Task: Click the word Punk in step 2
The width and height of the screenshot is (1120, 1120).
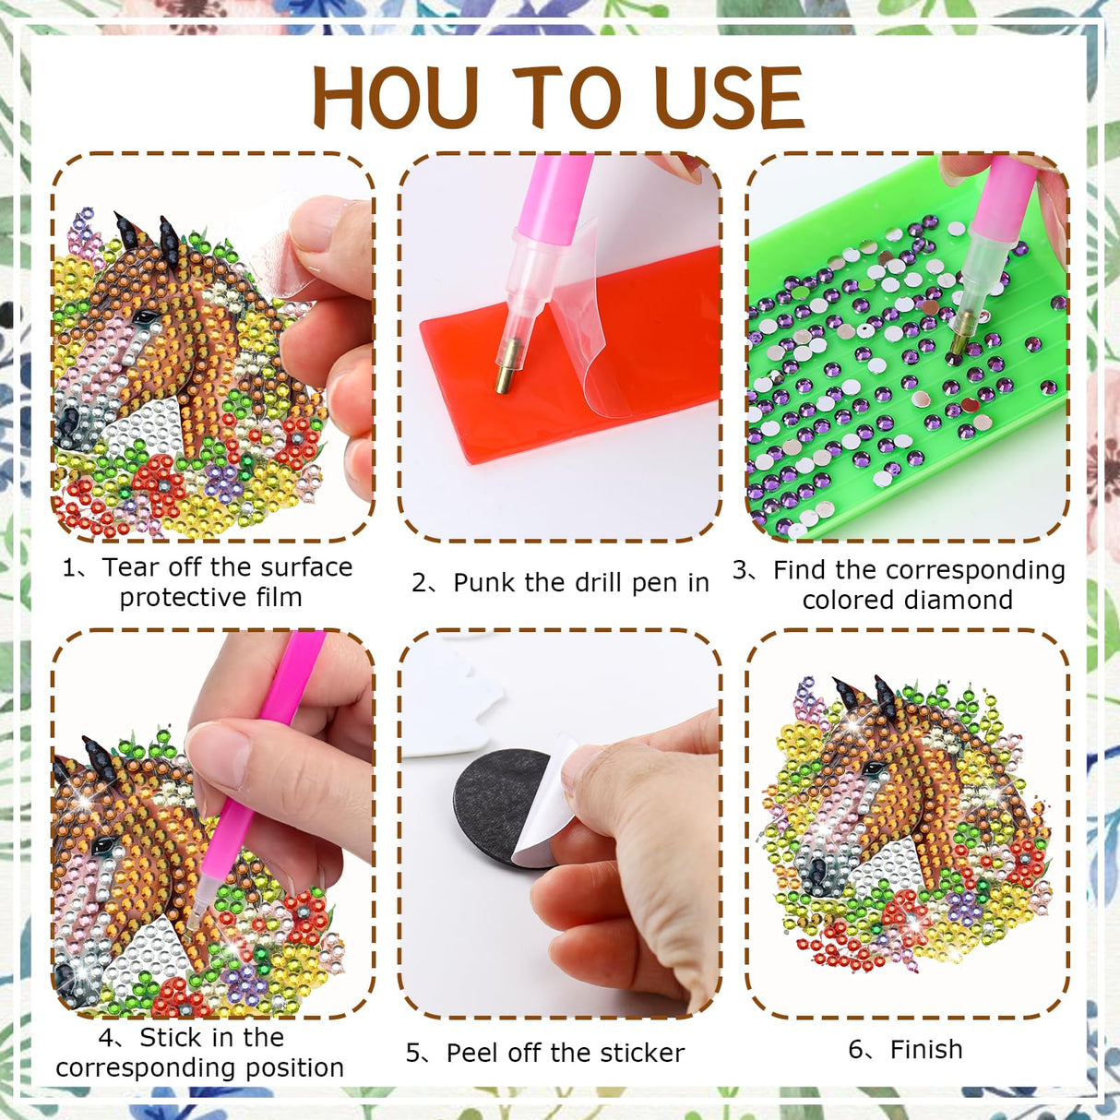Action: (484, 583)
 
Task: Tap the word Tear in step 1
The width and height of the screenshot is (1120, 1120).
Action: (128, 567)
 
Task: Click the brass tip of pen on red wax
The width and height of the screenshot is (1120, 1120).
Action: (504, 378)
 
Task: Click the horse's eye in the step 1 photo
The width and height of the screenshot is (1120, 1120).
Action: (145, 317)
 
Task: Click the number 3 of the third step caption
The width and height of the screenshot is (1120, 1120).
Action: (740, 570)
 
